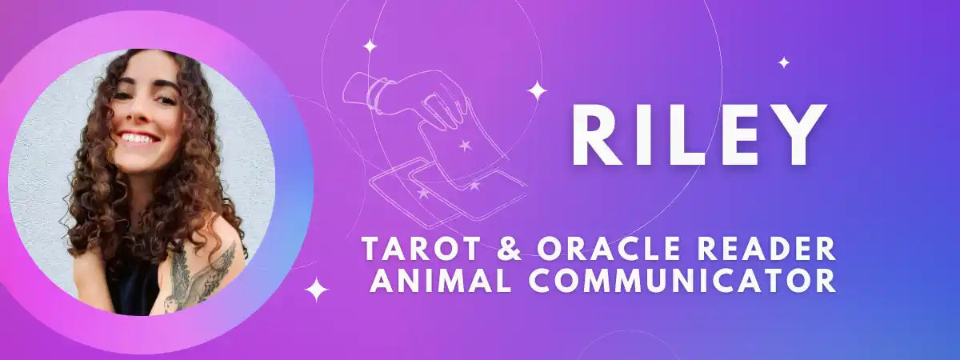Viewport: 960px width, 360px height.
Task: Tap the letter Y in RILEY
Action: [799, 134]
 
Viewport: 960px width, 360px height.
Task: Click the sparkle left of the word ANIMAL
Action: [316, 290]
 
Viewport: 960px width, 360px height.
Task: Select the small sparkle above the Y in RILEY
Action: [784, 62]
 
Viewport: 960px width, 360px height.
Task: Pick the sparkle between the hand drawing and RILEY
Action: [537, 91]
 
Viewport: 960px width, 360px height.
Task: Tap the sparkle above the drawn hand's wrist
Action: [370, 46]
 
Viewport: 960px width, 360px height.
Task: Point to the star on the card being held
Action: [465, 146]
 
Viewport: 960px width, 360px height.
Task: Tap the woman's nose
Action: [138, 114]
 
